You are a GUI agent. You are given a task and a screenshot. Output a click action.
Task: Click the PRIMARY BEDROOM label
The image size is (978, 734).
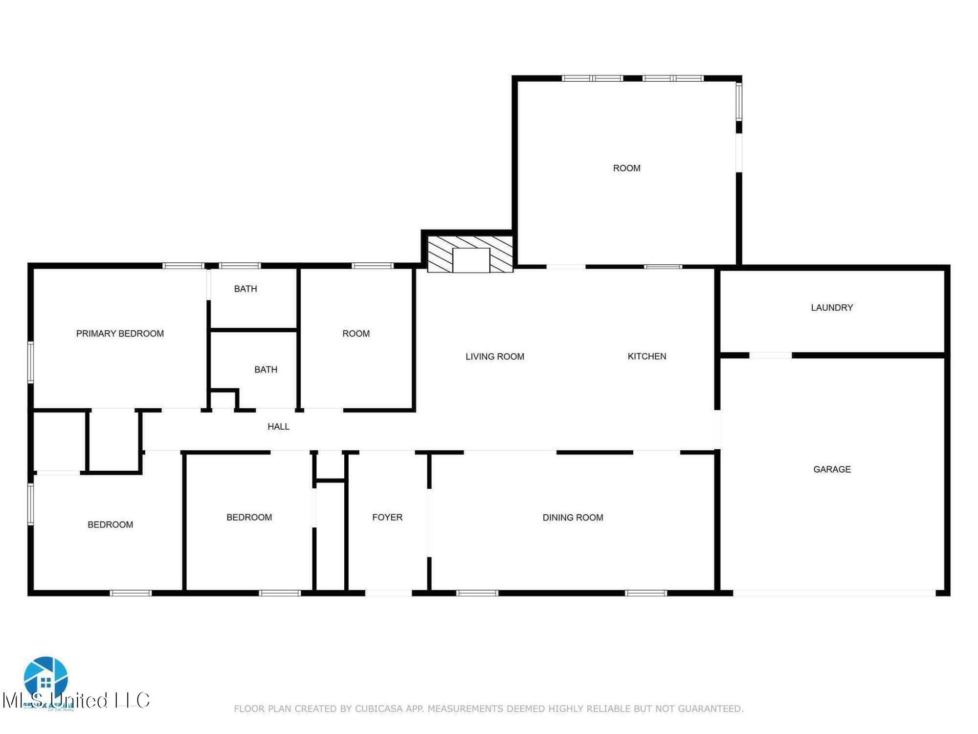[x=120, y=334]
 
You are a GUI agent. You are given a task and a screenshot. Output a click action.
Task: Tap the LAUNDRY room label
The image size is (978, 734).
[x=832, y=308]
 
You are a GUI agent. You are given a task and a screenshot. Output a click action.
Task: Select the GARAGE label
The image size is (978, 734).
[x=832, y=469]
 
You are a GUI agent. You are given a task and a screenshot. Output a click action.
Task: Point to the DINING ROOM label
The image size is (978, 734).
[x=573, y=518]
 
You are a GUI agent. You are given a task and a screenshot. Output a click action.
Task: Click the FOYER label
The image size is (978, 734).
[x=387, y=517]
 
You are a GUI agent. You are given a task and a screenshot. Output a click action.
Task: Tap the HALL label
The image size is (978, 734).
[x=278, y=427]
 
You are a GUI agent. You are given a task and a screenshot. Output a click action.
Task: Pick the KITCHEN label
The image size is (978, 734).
[x=646, y=356]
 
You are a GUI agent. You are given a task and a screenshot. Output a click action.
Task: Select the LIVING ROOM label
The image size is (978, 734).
[x=494, y=357]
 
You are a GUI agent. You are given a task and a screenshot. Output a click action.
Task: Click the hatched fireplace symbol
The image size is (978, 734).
[x=470, y=254]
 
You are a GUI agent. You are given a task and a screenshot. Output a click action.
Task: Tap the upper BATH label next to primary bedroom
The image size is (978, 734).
[x=245, y=289]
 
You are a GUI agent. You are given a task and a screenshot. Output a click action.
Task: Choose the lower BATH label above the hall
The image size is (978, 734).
[x=266, y=369]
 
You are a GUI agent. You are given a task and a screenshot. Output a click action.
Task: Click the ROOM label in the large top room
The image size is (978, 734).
[x=626, y=168]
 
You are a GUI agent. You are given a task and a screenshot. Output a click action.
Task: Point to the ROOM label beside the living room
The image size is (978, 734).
[x=356, y=334]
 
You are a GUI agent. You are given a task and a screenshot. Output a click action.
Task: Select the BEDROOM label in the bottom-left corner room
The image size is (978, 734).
[x=110, y=525]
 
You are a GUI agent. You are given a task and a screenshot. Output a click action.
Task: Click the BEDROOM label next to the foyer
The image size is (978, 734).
[x=249, y=517]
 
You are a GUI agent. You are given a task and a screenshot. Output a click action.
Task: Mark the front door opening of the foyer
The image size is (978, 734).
[x=388, y=593]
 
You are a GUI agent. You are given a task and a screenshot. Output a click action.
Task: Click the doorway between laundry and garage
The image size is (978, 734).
[x=770, y=355]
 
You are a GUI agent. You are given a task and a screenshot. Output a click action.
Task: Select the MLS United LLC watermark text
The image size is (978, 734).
[x=76, y=700]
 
